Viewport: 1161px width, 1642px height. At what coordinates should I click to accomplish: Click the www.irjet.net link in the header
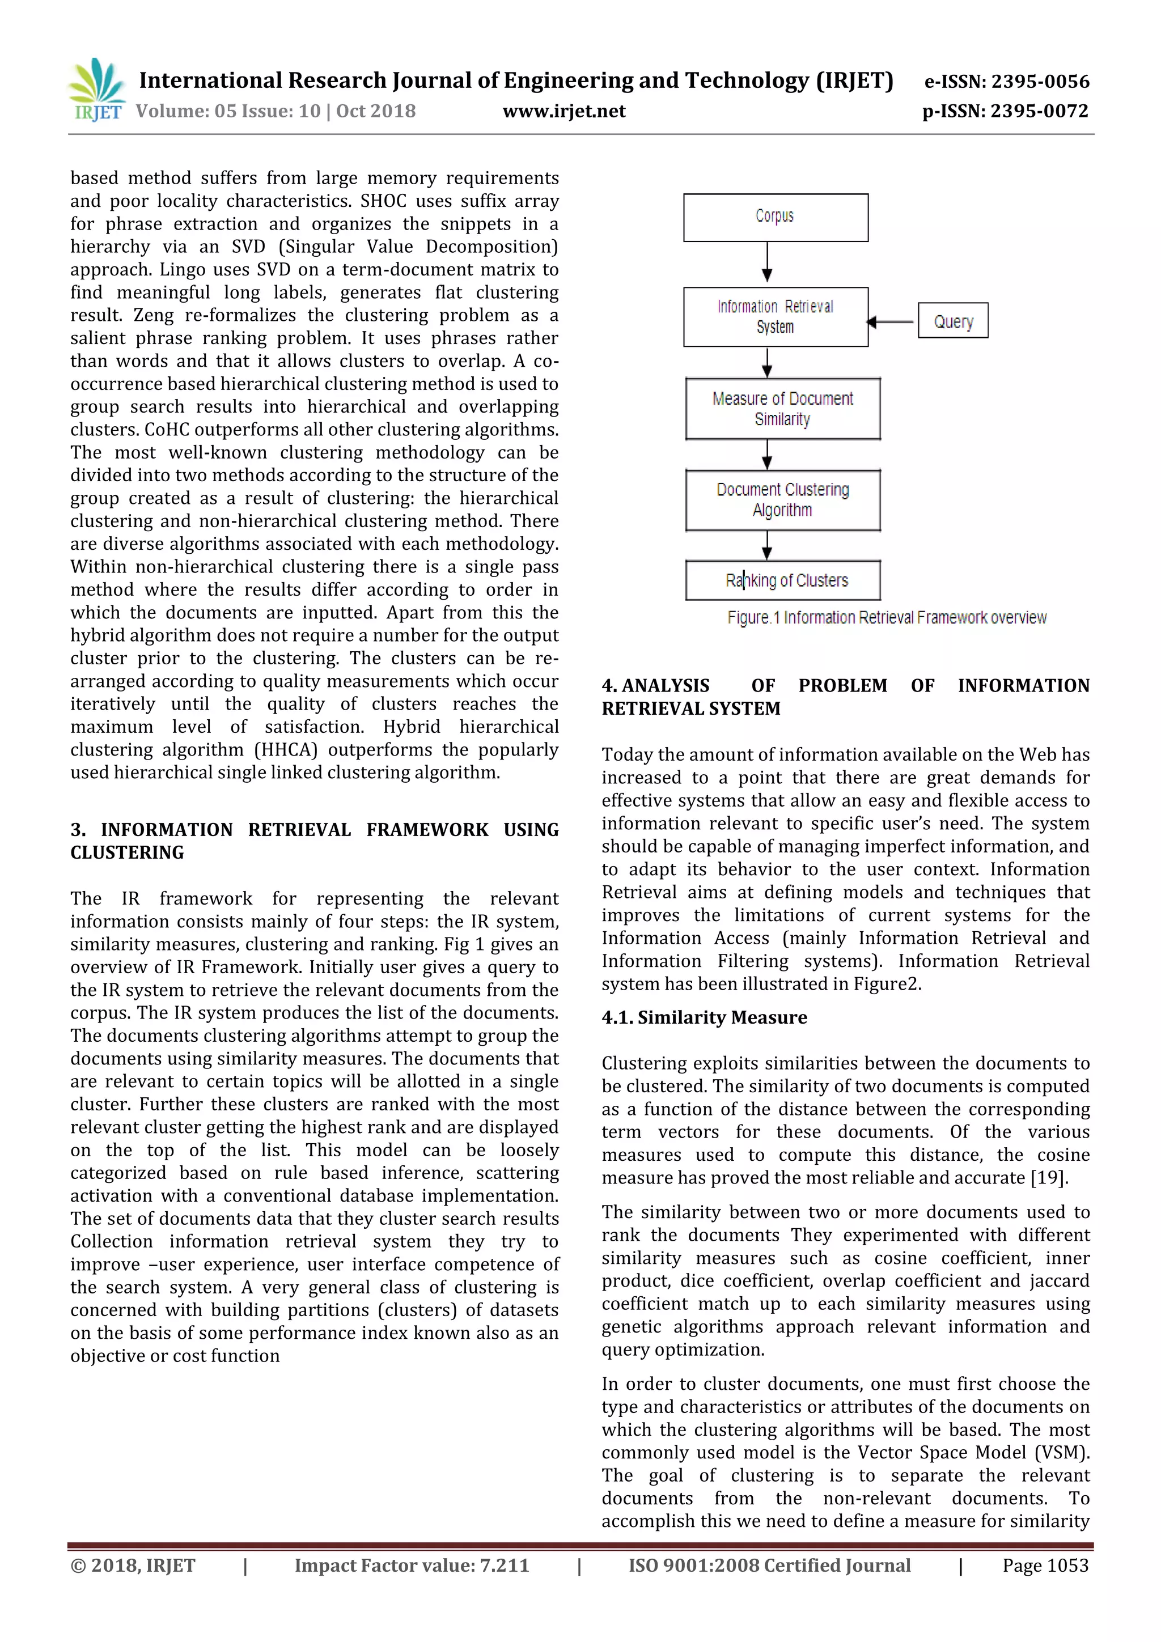click(563, 111)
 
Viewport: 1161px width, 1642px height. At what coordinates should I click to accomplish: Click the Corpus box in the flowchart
click(776, 217)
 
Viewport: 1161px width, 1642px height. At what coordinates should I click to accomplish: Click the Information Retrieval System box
click(776, 317)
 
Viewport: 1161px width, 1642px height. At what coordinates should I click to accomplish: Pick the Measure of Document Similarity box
click(782, 408)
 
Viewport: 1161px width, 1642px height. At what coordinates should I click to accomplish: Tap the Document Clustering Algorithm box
click(782, 499)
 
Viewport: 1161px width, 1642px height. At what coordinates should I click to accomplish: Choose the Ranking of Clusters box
click(782, 580)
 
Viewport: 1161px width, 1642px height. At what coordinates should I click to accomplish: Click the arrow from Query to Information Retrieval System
click(892, 322)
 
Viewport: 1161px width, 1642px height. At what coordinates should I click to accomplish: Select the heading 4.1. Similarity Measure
click(704, 1017)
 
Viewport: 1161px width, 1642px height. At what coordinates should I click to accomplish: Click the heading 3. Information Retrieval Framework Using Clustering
click(314, 841)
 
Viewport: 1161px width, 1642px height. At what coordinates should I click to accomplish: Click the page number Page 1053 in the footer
click(1045, 1565)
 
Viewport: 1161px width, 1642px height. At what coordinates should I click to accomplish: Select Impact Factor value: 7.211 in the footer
click(412, 1565)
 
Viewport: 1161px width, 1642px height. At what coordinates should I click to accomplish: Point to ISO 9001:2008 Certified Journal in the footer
click(769, 1565)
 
